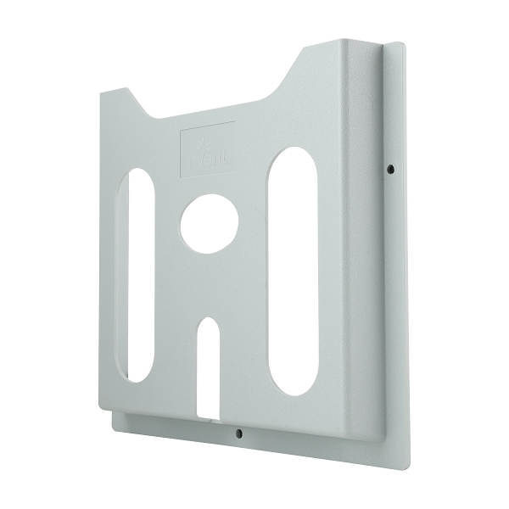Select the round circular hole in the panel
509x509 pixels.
click(209, 223)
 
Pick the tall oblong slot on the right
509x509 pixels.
click(293, 271)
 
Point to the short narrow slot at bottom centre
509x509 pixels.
click(208, 365)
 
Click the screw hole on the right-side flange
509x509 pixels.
click(389, 169)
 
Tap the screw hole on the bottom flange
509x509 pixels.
click(238, 433)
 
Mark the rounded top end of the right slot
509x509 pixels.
click(294, 157)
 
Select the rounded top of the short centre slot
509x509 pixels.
click(208, 323)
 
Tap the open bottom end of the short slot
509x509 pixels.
click(208, 413)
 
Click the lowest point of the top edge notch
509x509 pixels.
click(157, 118)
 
